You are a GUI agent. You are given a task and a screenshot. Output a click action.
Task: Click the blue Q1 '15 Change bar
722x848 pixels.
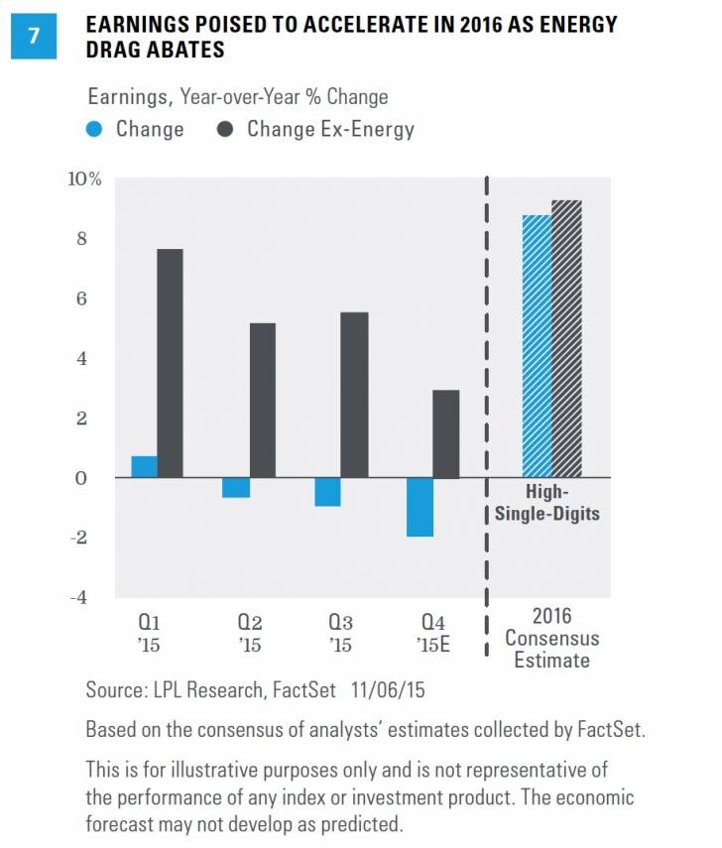[144, 466]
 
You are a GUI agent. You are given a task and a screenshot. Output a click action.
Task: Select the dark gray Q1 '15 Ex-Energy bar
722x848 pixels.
[170, 363]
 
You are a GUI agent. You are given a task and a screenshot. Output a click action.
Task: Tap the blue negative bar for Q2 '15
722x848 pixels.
[236, 487]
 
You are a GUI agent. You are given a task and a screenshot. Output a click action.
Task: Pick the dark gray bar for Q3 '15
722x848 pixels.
[353, 395]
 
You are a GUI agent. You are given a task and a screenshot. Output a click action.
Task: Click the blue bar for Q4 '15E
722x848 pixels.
[419, 507]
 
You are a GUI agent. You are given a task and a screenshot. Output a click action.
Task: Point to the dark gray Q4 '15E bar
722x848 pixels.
[445, 433]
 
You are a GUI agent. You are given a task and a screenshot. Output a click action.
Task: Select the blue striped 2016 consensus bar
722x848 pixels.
[538, 346]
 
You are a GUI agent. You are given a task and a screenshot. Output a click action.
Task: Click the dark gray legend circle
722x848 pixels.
[226, 129]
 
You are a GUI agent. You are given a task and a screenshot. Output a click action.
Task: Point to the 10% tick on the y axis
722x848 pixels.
[84, 180]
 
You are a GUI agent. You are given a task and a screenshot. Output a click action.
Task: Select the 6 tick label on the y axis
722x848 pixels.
[96, 299]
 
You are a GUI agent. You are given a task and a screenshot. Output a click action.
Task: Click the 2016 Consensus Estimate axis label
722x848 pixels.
[552, 638]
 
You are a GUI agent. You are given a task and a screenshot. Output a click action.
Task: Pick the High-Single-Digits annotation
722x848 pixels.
[552, 503]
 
